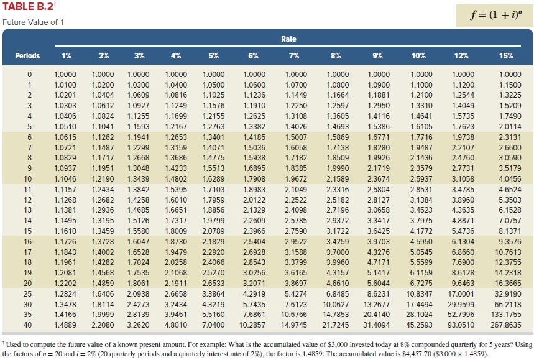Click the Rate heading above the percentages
coord(288,39)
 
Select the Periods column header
coord(27,56)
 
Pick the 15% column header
coord(506,56)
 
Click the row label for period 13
coord(27,210)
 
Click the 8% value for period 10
coord(336,178)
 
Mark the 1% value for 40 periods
coord(66,325)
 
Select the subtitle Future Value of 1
coord(33,23)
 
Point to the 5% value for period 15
coord(214,231)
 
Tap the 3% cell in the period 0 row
coord(139,74)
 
